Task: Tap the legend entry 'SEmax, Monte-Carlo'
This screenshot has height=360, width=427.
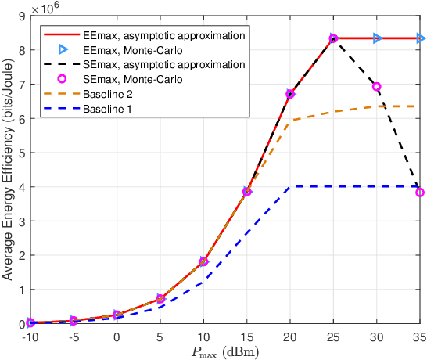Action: [129, 78]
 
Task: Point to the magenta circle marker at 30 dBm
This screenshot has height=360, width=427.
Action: [377, 87]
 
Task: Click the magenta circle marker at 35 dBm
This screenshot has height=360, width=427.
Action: [420, 193]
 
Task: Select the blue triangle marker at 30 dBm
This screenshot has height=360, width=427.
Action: [377, 38]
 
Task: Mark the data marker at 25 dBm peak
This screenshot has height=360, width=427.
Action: [334, 38]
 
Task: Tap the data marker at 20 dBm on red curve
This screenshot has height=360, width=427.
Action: [290, 94]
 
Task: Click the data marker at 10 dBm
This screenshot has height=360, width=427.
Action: [203, 262]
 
